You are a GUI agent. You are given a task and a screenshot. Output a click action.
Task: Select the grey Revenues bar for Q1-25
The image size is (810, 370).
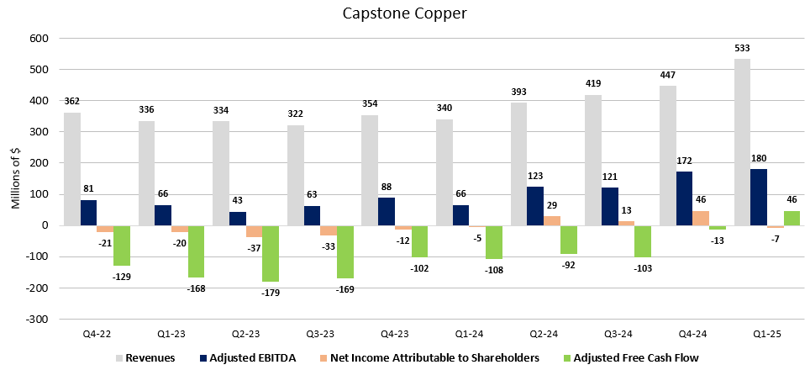tap(743, 142)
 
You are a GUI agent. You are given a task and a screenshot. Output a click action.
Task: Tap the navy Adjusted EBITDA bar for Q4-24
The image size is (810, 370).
tap(685, 198)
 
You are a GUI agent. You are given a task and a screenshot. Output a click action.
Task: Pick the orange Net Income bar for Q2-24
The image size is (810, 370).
tap(552, 220)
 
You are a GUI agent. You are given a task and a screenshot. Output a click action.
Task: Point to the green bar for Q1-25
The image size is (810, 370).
tap(791, 218)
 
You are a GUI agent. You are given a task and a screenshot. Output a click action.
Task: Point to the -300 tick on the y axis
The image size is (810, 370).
tap(39, 320)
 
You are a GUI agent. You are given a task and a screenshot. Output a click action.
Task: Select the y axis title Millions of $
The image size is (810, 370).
tap(14, 178)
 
